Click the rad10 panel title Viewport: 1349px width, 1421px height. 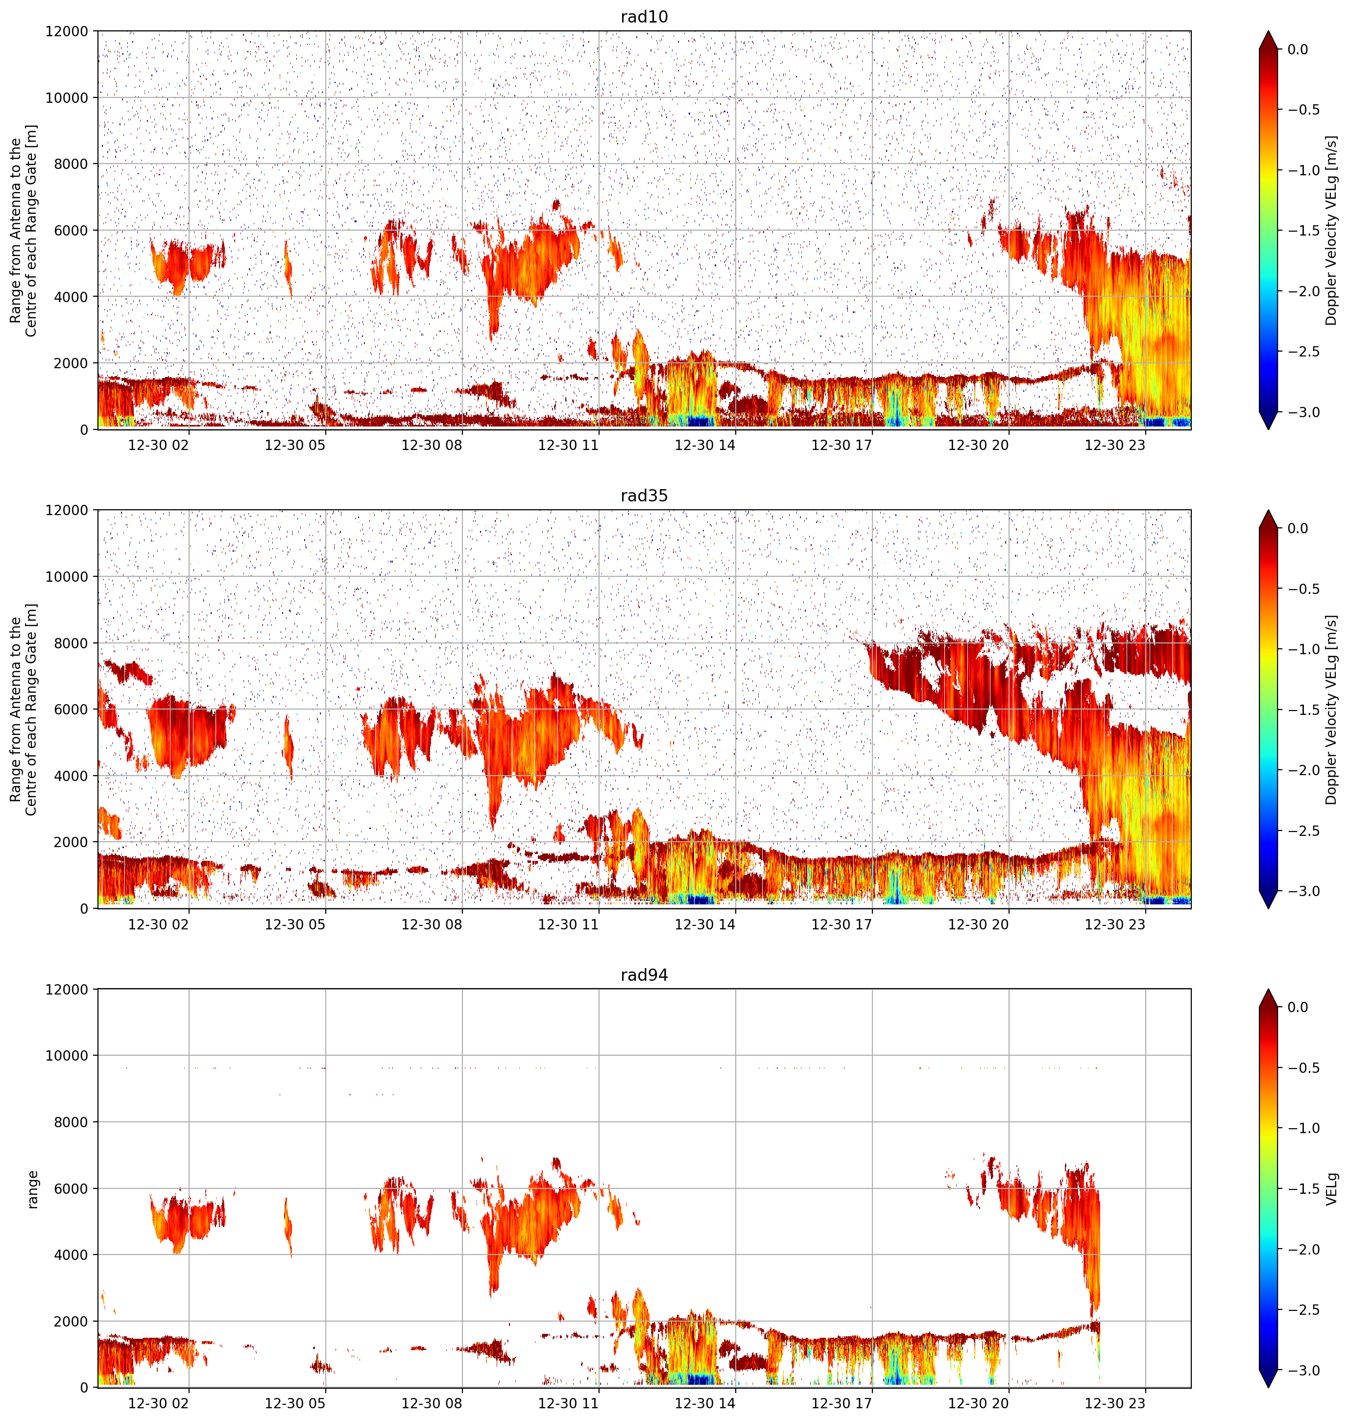tap(644, 17)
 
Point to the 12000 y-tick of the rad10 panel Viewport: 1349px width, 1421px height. tap(67, 32)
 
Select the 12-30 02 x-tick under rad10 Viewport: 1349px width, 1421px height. tap(158, 445)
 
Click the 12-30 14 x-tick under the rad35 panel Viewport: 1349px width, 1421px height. tap(705, 924)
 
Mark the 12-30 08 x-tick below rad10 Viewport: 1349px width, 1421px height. tap(432, 445)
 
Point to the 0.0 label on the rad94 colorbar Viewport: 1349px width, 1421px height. tap(1308, 1007)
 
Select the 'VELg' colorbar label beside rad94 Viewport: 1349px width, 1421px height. tap(1332, 1189)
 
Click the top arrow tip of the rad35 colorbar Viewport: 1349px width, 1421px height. tap(1269, 510)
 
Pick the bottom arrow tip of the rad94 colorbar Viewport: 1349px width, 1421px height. tap(1269, 1387)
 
